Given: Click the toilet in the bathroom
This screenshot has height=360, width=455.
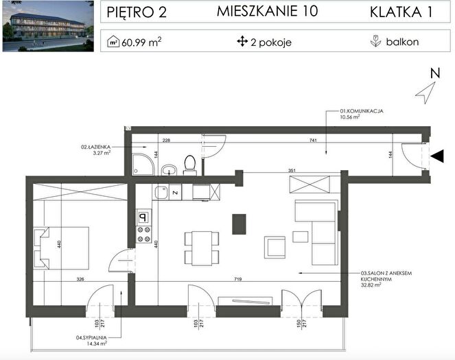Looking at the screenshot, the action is (x=190, y=165).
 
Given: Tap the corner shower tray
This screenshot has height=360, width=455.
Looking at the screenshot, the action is (x=143, y=165).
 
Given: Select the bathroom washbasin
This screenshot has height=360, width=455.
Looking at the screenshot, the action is (x=169, y=170).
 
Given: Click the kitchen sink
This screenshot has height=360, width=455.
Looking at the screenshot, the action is (x=161, y=192).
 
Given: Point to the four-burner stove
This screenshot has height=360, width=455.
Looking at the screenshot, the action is (x=144, y=235).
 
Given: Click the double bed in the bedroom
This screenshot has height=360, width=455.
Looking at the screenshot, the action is (x=61, y=248).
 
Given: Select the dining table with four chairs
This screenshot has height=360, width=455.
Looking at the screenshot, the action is (x=202, y=248).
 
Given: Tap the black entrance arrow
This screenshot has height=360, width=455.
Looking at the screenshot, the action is (x=437, y=156).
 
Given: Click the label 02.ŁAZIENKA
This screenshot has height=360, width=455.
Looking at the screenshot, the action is (x=96, y=147).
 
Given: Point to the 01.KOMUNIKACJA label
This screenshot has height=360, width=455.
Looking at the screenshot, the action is (x=362, y=111).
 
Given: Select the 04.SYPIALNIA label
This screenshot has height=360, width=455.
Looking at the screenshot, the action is (x=91, y=337).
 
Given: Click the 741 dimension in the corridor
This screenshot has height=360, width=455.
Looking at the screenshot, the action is (x=313, y=141).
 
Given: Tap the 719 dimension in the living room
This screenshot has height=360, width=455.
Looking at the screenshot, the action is (x=238, y=279).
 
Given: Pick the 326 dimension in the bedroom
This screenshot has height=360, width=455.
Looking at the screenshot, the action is (x=80, y=279).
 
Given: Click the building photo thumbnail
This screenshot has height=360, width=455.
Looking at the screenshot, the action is (x=48, y=26).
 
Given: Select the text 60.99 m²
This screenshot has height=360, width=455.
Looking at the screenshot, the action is (x=141, y=43).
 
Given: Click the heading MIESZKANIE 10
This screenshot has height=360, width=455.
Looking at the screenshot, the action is (x=267, y=12).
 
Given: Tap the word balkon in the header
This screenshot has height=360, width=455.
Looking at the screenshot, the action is (x=402, y=42).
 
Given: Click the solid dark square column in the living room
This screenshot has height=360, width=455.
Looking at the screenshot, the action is (x=239, y=224).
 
